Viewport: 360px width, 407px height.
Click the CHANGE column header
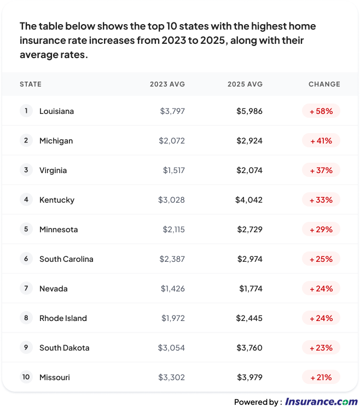[x=324, y=84]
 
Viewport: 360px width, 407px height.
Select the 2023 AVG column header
[x=167, y=84]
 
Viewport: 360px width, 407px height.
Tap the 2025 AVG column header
[x=245, y=84]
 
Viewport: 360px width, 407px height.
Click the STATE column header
[x=31, y=84]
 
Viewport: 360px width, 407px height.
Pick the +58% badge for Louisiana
[x=321, y=111]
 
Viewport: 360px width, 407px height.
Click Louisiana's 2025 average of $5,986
[x=249, y=111]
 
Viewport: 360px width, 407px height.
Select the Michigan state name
[x=56, y=141]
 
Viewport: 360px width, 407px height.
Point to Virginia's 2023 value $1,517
[x=174, y=170]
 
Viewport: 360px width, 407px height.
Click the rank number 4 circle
[x=26, y=199]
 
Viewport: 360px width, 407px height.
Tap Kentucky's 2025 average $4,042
[x=249, y=200]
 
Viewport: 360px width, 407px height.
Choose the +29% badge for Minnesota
[x=321, y=230]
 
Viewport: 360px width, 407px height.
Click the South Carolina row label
[x=66, y=259]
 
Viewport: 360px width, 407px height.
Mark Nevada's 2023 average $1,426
[x=173, y=289]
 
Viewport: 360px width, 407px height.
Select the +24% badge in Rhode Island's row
[x=321, y=318]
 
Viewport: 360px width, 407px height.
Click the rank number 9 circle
[x=26, y=347]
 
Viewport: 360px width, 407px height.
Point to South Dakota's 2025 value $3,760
[x=249, y=348]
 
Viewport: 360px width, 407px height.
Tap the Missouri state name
[x=55, y=377]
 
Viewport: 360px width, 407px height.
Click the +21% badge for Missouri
[x=321, y=377]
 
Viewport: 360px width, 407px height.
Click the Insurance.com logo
[x=321, y=402]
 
